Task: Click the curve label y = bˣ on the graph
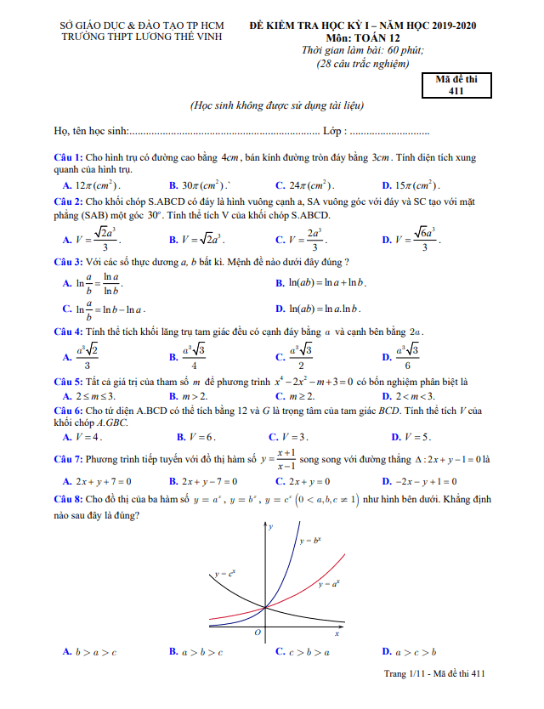[x=312, y=540]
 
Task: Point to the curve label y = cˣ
[x=225, y=574]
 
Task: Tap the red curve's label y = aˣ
[x=331, y=584]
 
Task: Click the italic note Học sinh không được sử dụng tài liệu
[x=277, y=106]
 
